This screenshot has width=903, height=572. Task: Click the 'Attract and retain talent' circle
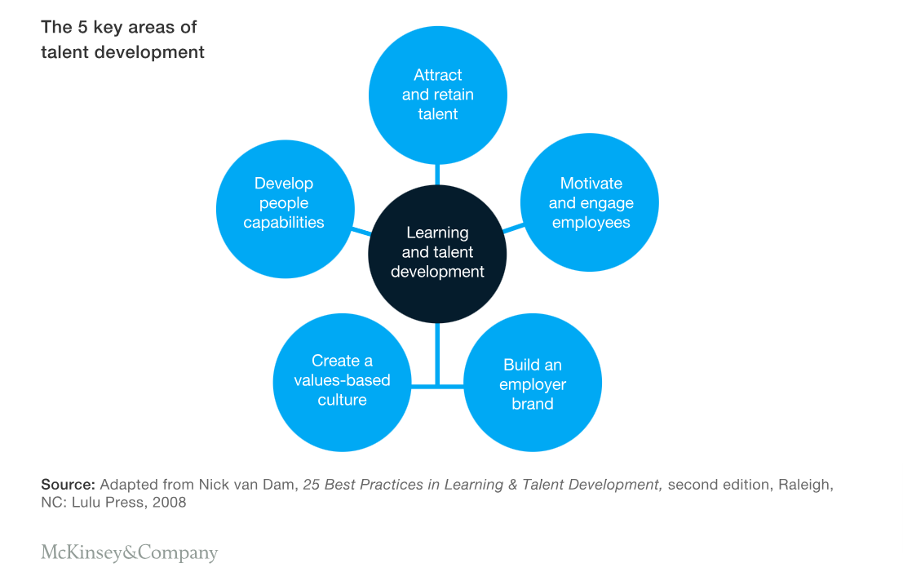point(438,95)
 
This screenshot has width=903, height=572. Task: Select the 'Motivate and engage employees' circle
point(590,202)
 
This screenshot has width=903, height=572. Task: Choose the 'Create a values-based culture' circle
point(342,381)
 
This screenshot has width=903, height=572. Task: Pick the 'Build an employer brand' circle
point(533,384)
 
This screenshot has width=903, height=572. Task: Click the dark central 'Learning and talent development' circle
point(438,253)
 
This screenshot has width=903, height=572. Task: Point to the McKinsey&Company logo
point(130,553)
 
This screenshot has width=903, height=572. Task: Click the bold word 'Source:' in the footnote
point(69,485)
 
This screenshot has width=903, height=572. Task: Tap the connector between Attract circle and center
point(438,174)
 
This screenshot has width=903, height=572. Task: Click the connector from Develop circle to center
point(361,231)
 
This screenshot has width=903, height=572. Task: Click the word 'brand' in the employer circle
point(533,404)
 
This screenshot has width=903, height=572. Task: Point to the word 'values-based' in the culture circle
point(342,380)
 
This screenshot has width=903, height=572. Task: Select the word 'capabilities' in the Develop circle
point(284,223)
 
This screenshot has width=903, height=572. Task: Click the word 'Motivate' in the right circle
point(591,183)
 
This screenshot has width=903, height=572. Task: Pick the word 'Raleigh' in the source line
point(804,485)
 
